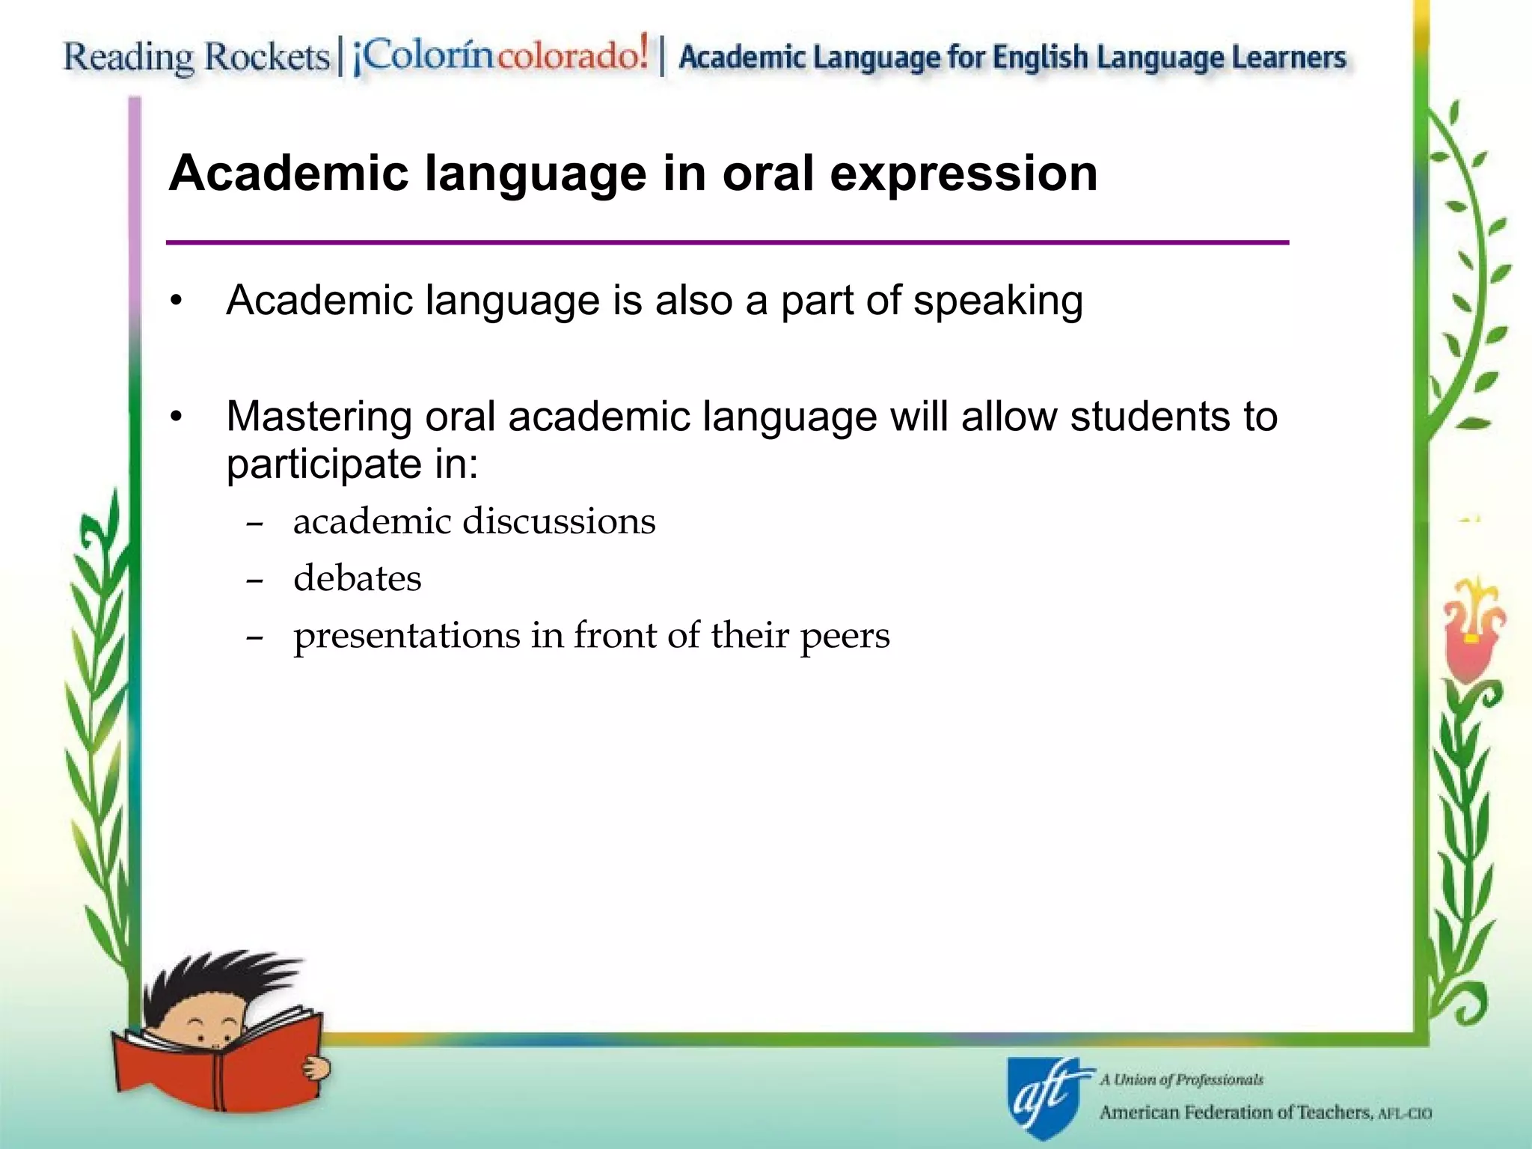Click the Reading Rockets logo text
(196, 57)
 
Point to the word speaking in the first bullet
(998, 301)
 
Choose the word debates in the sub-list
(357, 578)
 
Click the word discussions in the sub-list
(559, 521)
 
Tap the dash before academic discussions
(254, 524)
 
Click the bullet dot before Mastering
(176, 417)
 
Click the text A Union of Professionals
(1181, 1079)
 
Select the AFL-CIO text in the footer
(1405, 1114)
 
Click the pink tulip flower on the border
(1471, 628)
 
